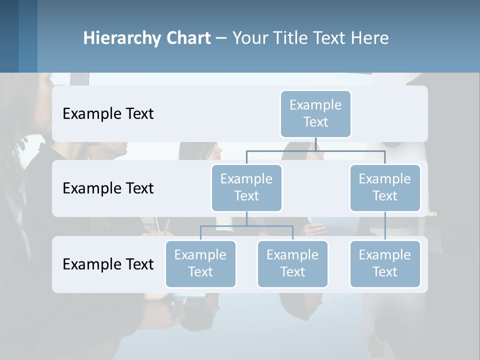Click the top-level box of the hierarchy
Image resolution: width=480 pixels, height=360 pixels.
[x=315, y=114]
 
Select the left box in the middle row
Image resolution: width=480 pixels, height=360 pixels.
[x=246, y=188]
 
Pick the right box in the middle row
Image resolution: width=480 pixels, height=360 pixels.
[x=385, y=188]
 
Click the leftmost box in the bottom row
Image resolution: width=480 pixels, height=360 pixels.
[x=200, y=264]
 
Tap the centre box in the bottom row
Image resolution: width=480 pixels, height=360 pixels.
[x=292, y=264]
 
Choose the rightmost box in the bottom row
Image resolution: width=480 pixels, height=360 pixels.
[x=385, y=264]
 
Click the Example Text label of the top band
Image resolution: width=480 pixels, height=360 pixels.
[x=108, y=114]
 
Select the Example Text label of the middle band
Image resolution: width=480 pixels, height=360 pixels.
[x=108, y=188]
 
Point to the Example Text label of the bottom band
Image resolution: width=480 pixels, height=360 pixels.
[x=108, y=264]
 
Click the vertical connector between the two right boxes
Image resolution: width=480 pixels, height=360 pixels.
[x=385, y=226]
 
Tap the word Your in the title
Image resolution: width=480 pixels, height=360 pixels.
[x=249, y=38]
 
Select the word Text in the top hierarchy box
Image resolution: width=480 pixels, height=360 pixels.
[x=315, y=122]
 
